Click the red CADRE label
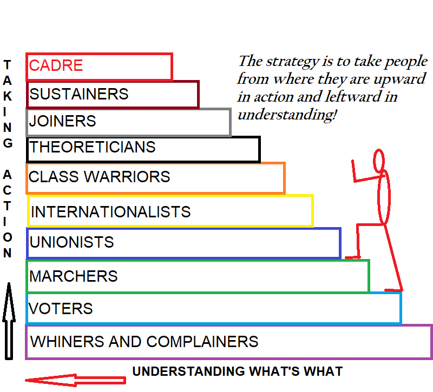[x=56, y=65]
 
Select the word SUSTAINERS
[x=79, y=94]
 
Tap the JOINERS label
[x=62, y=121]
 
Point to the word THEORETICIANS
[x=92, y=147]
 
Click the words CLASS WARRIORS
[x=99, y=177]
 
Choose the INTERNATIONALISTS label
[x=110, y=211]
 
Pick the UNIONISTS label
[x=71, y=242]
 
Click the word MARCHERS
[x=73, y=276]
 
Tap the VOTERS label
[x=61, y=309]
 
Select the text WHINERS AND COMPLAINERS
[x=144, y=342]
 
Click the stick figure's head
[x=379, y=160]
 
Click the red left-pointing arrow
[x=75, y=380]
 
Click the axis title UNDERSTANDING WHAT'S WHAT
[x=237, y=371]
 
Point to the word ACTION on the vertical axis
[x=8, y=214]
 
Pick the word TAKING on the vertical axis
[x=8, y=103]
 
